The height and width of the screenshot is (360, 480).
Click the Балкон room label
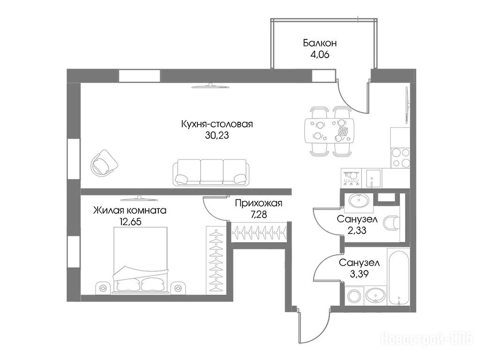(320, 43)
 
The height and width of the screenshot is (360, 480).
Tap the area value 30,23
(217, 135)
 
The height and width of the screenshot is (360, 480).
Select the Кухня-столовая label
(217, 124)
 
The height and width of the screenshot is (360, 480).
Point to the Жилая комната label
(130, 210)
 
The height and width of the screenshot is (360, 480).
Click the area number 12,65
(130, 221)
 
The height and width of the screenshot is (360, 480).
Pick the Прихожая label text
(259, 203)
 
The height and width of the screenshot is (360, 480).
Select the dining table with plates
(329, 131)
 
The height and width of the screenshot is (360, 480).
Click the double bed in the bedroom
(141, 260)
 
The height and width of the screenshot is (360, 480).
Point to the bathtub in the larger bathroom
(398, 277)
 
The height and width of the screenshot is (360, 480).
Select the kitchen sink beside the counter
(374, 179)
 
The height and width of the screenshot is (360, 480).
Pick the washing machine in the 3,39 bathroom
(354, 296)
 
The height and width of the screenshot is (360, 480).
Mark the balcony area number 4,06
(320, 55)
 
